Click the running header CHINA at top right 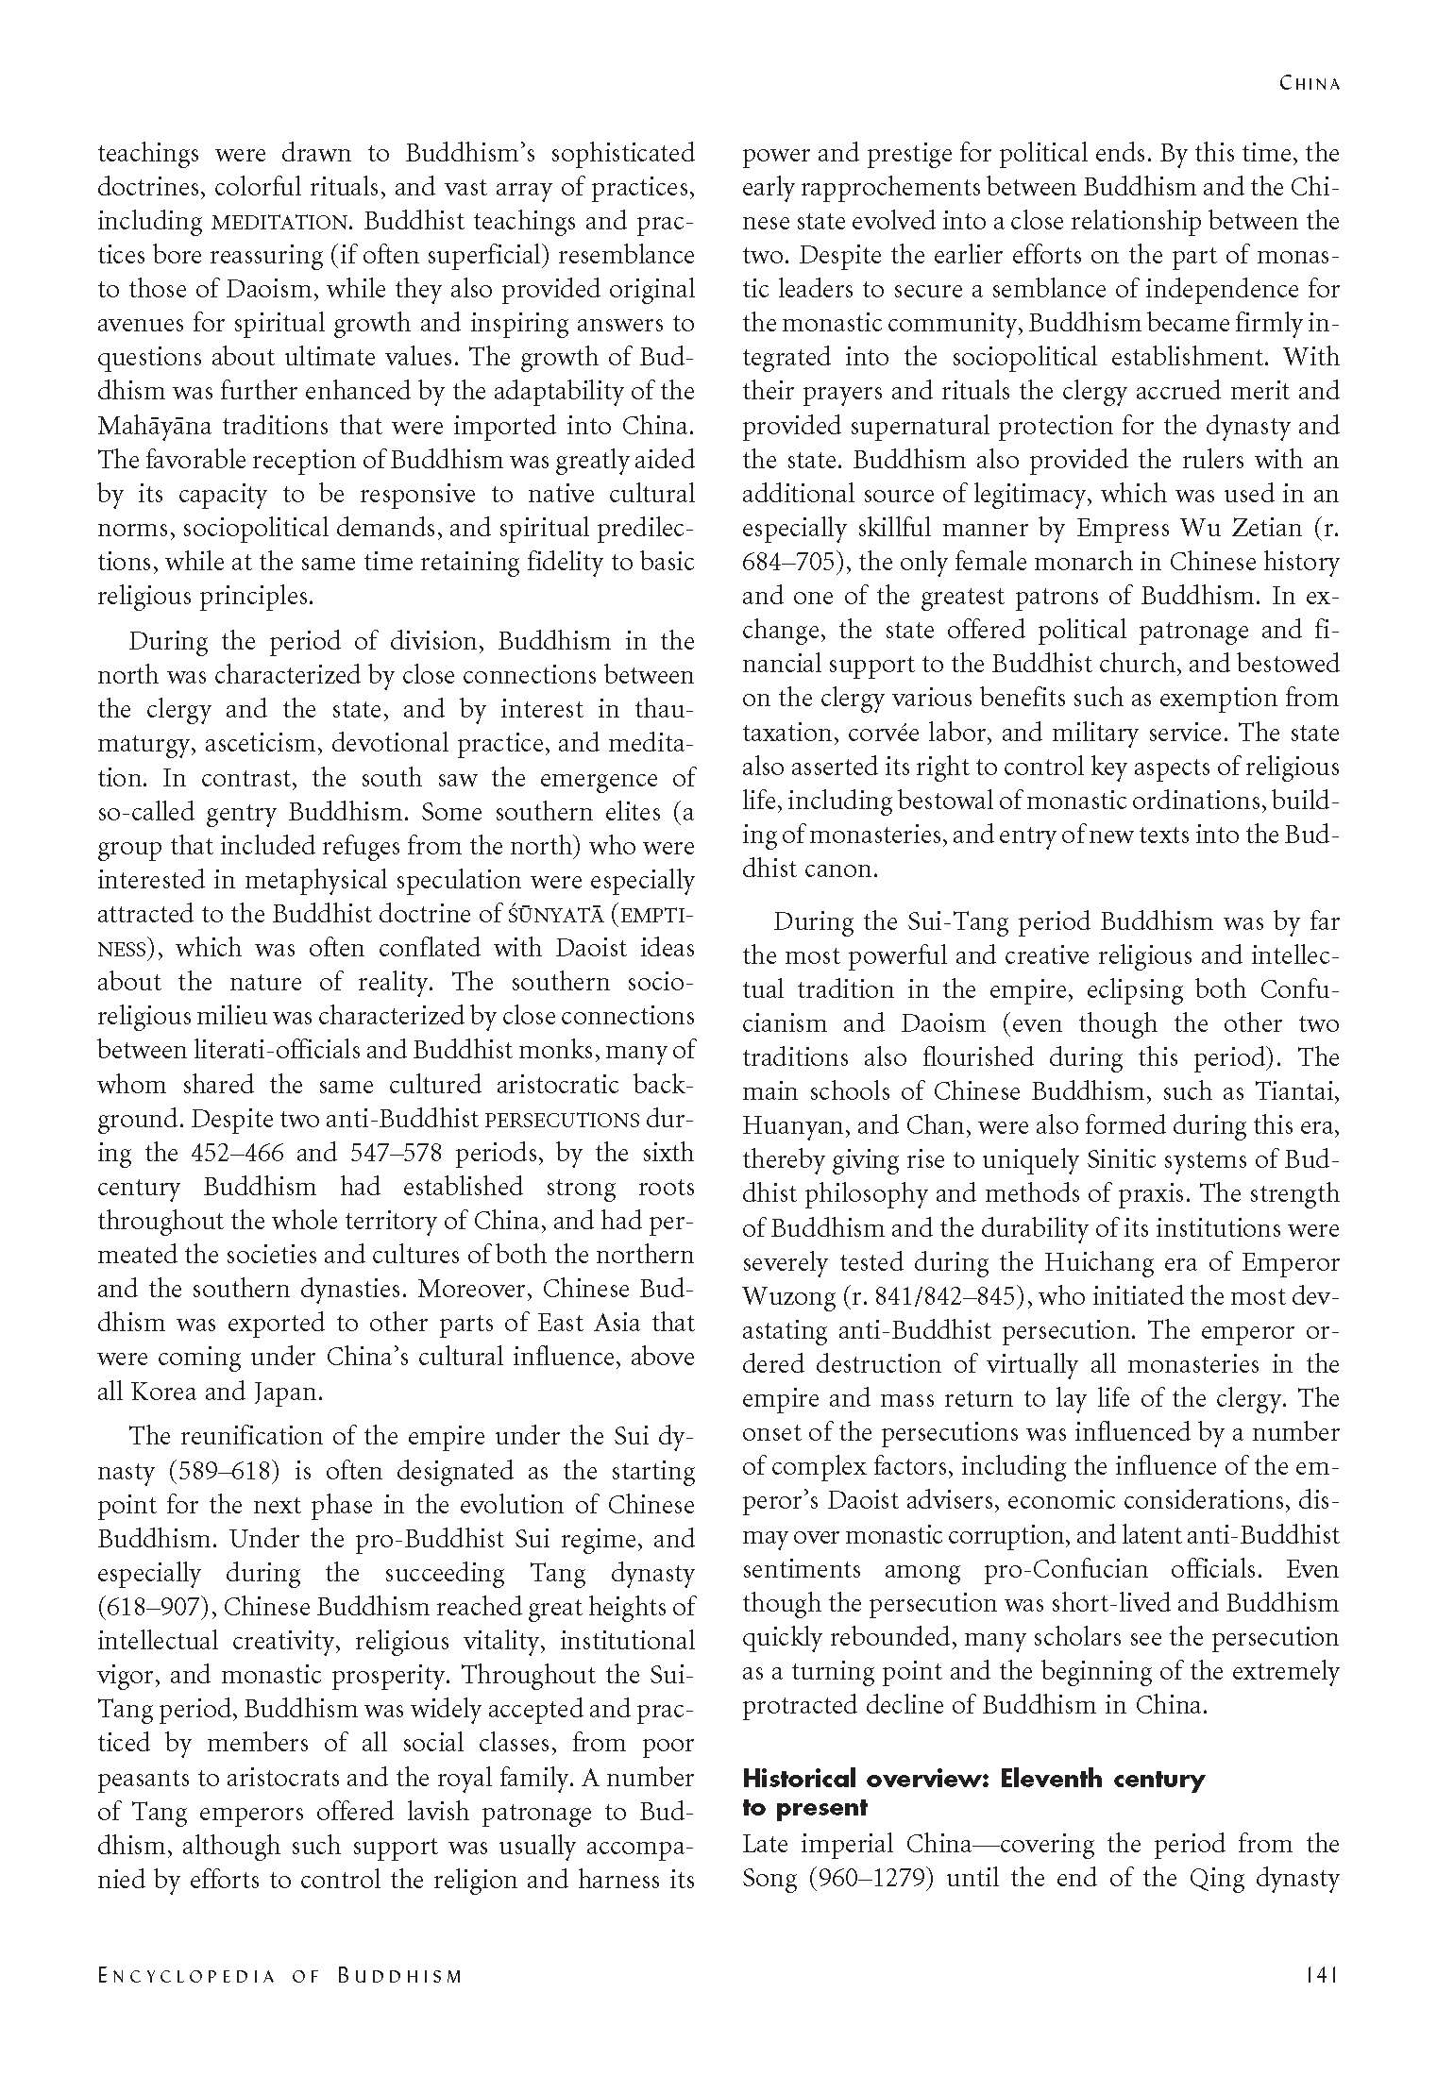1310,83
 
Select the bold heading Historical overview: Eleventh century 972,1780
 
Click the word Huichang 1089,1263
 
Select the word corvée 899,733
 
